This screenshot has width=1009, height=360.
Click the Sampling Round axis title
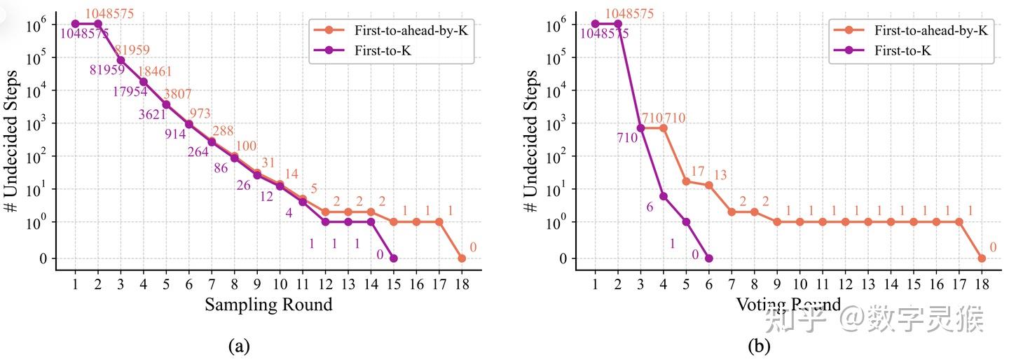(x=268, y=305)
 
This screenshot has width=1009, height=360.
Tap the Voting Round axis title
(x=788, y=305)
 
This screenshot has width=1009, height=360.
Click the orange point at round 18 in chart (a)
(x=462, y=258)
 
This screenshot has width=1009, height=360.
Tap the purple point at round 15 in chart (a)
(x=393, y=258)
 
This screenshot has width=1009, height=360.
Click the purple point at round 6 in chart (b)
(x=709, y=258)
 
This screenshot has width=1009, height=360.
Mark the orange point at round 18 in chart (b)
(x=982, y=258)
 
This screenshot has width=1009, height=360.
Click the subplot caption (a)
(x=239, y=345)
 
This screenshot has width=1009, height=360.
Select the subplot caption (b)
(x=759, y=345)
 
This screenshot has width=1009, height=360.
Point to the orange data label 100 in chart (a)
(x=246, y=146)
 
